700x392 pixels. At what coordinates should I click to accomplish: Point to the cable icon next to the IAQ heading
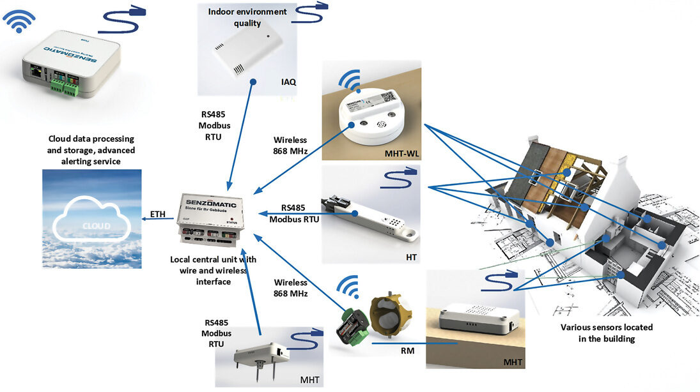click(313, 13)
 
